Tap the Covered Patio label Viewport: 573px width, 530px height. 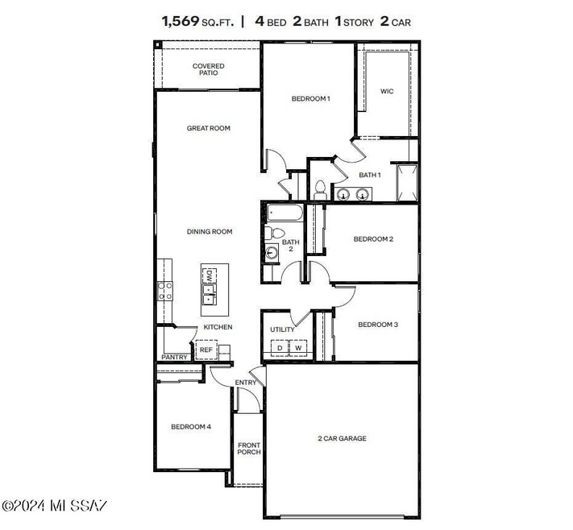coord(208,69)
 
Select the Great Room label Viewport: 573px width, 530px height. coord(209,128)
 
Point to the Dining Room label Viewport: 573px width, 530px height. coord(210,232)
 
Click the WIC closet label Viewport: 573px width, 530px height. coord(387,91)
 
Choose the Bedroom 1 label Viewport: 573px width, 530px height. coord(310,98)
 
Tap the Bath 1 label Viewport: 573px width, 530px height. coord(369,174)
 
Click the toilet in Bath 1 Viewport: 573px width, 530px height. coord(320,190)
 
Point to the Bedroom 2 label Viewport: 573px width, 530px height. coord(373,238)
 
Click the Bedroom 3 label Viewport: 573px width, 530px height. coord(377,325)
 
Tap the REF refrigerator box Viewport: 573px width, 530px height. coord(206,350)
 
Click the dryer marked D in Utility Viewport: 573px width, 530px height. coord(280,348)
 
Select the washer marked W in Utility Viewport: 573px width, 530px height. coord(298,348)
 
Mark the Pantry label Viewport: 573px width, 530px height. coord(174,357)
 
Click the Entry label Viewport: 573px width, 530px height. coord(245,383)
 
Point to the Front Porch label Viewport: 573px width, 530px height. coord(248,449)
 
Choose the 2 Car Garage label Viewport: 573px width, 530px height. coord(342,439)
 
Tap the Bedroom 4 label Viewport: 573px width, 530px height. coord(191,427)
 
